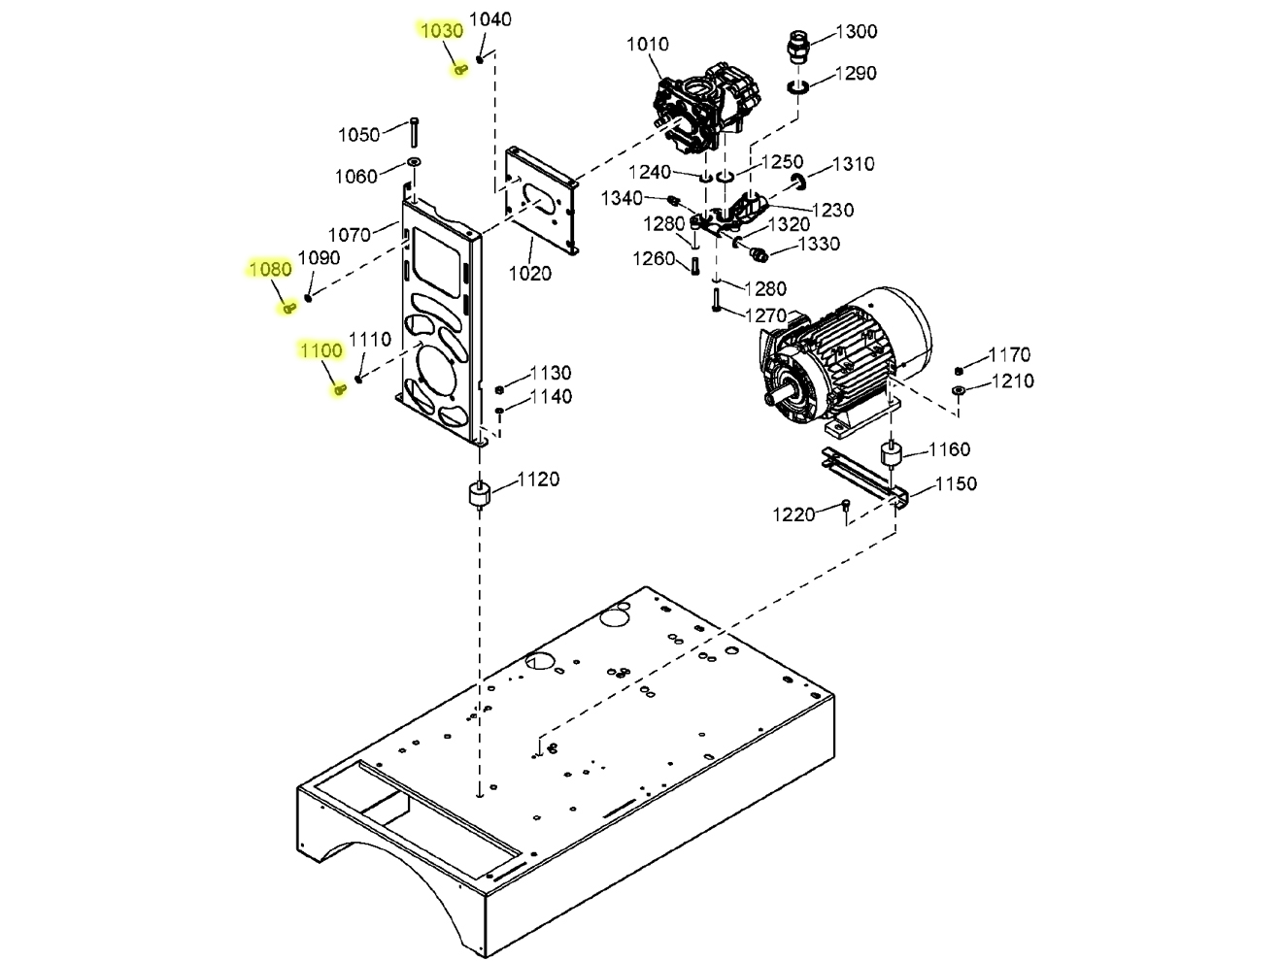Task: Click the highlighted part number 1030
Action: click(441, 31)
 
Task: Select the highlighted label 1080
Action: click(269, 269)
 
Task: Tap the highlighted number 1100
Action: click(320, 349)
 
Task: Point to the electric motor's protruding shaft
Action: click(775, 398)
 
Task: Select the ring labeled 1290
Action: click(797, 89)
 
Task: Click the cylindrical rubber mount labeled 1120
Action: click(479, 495)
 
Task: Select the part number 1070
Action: click(350, 234)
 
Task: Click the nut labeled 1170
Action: click(959, 370)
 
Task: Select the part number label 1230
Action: click(832, 210)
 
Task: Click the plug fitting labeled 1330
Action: click(759, 254)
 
